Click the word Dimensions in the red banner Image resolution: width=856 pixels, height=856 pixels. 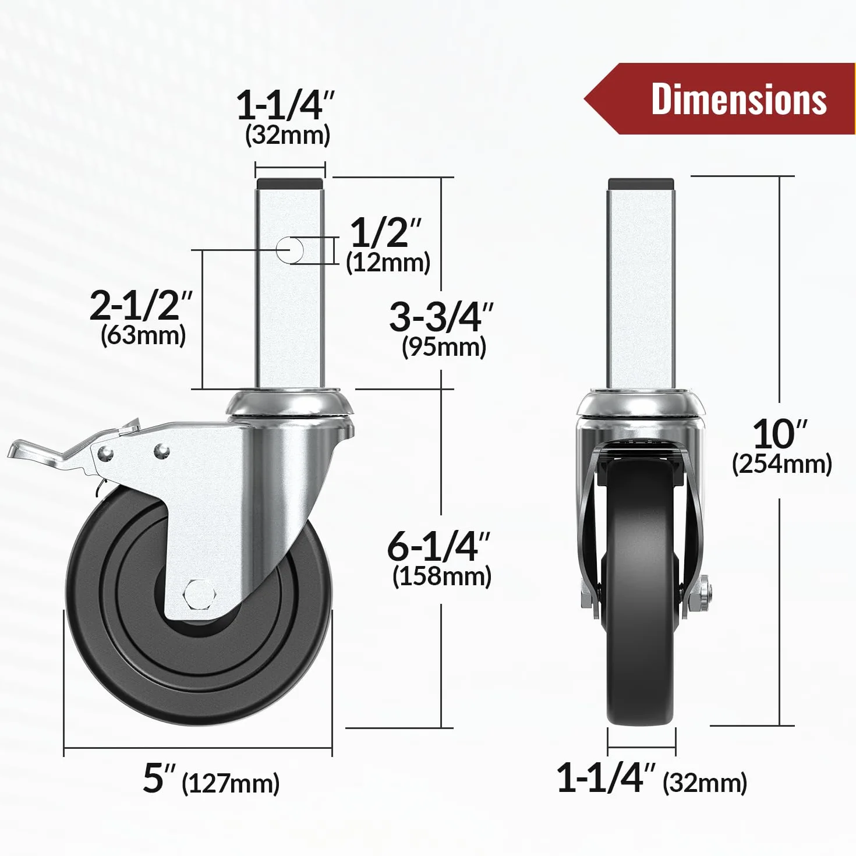click(x=739, y=98)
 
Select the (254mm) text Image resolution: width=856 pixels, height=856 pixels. click(x=782, y=464)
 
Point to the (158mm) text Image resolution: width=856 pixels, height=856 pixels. click(x=442, y=576)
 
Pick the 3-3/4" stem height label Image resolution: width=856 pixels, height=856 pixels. click(x=441, y=317)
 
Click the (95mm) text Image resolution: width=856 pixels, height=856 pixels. click(x=444, y=347)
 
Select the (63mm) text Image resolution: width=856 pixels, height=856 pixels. click(x=143, y=335)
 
